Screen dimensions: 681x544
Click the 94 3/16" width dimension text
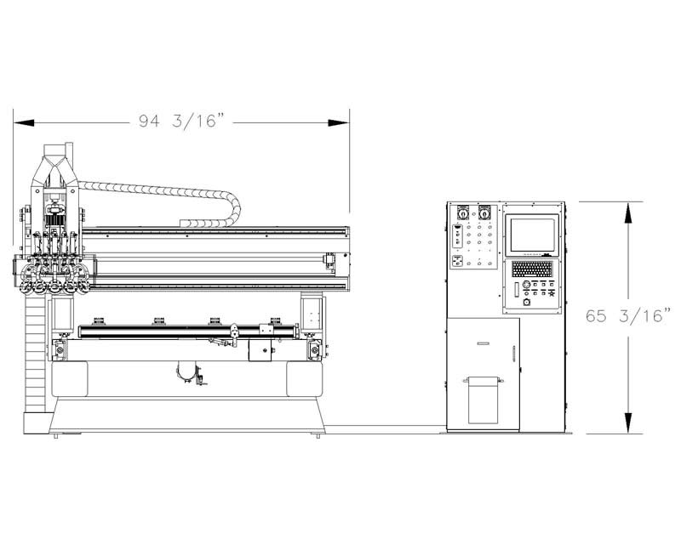click(x=182, y=121)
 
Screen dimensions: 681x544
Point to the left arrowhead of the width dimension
click(x=24, y=122)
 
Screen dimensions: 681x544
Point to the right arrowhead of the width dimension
click(x=339, y=122)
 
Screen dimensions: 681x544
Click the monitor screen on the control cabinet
click(x=533, y=235)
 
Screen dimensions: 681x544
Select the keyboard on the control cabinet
click(x=532, y=269)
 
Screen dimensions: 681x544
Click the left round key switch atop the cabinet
click(x=463, y=213)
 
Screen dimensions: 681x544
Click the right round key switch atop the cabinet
click(x=484, y=213)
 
